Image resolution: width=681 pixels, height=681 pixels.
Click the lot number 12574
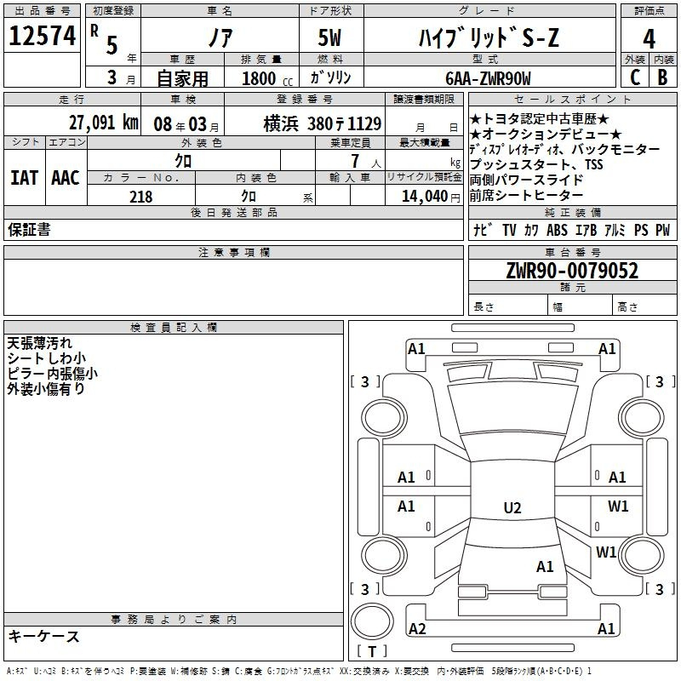[x=42, y=36]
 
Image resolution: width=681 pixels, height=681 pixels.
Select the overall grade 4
[x=649, y=39]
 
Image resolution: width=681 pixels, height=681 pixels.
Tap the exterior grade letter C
[x=635, y=77]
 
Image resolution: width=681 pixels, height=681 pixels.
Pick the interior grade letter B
[x=662, y=77]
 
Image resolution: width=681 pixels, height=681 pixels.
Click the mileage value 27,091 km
[x=103, y=123]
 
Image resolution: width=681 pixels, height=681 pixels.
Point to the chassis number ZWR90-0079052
[x=572, y=271]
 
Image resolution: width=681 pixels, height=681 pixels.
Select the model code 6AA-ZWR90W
[x=488, y=78]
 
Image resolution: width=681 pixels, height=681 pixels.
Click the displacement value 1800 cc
[x=267, y=78]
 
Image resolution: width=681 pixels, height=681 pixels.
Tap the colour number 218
[x=140, y=197]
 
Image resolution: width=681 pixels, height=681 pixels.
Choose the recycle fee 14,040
[x=425, y=197]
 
